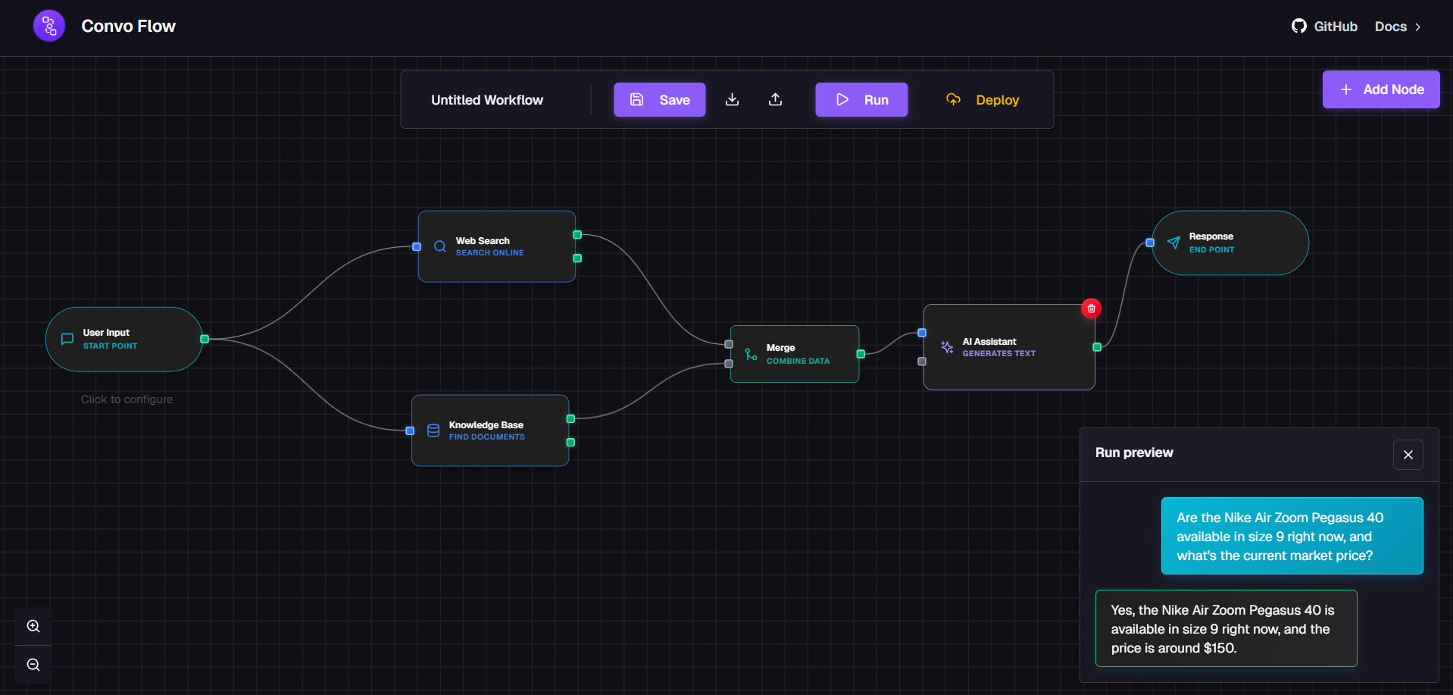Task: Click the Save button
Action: pyautogui.click(x=659, y=100)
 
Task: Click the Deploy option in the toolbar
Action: pyautogui.click(x=983, y=100)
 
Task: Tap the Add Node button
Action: pyautogui.click(x=1380, y=89)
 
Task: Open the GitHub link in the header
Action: pyautogui.click(x=1324, y=27)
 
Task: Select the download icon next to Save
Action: pyautogui.click(x=732, y=100)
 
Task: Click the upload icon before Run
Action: pyautogui.click(x=775, y=100)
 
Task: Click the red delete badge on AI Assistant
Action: pyautogui.click(x=1091, y=308)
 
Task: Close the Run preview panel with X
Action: pyautogui.click(x=1408, y=455)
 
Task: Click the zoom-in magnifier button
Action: pyautogui.click(x=33, y=626)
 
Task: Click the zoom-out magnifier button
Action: pyautogui.click(x=33, y=665)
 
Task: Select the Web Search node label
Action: pyautogui.click(x=483, y=241)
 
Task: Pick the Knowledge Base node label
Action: pyautogui.click(x=486, y=425)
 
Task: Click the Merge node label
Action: pyautogui.click(x=780, y=348)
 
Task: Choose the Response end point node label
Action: pyautogui.click(x=1211, y=236)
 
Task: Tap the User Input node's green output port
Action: pyautogui.click(x=205, y=339)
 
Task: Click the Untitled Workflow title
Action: pyautogui.click(x=487, y=100)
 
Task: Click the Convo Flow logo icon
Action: pyautogui.click(x=49, y=27)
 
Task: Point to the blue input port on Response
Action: pyautogui.click(x=1150, y=243)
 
